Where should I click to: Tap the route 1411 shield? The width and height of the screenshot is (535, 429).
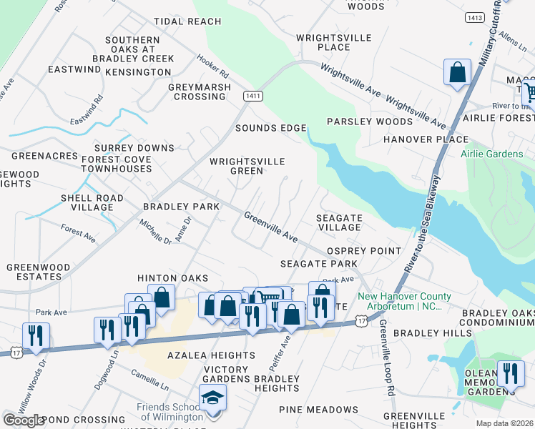point(251,96)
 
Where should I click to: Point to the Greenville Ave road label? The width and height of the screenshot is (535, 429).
point(270,225)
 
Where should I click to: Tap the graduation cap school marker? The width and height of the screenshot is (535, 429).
point(212,396)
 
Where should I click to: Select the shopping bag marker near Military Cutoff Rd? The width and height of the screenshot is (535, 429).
point(457,71)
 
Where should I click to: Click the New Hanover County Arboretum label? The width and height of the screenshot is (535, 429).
point(404,301)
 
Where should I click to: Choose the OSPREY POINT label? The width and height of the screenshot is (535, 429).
point(363,251)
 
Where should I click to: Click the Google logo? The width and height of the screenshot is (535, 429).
point(24,420)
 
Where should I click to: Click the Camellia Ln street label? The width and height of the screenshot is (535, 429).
point(149,380)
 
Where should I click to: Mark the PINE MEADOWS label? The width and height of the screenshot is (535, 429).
point(318,410)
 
